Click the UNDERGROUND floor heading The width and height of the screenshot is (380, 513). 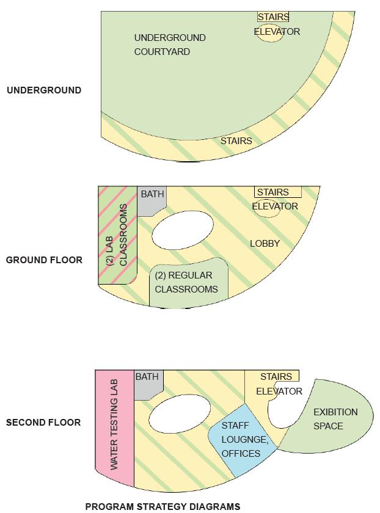click(43, 90)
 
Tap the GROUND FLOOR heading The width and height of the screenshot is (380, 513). click(44, 260)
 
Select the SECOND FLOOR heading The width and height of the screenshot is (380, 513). click(43, 423)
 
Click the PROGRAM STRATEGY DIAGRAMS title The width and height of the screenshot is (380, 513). click(163, 506)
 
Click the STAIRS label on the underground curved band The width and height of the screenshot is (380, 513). click(236, 141)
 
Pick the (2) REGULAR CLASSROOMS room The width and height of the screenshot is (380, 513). click(186, 283)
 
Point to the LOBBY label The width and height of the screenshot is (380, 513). click(265, 244)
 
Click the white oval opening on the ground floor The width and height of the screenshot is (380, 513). click(183, 230)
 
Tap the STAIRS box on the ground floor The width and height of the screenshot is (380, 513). click(277, 192)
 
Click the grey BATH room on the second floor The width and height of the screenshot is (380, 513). click(147, 383)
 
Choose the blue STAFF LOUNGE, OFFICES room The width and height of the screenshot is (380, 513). click(241, 439)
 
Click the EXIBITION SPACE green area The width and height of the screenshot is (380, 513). click(333, 419)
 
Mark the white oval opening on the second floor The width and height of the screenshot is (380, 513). click(175, 420)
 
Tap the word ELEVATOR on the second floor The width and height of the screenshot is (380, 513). click(279, 391)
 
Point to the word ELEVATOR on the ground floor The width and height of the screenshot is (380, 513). click(275, 206)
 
